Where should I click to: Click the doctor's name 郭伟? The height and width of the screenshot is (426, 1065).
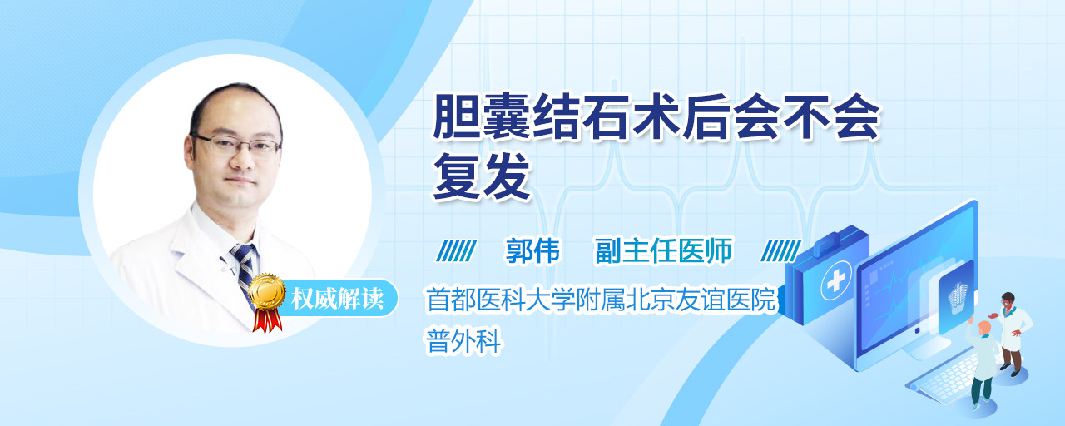tap(532, 250)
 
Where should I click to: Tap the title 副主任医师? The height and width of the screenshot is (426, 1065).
tap(664, 250)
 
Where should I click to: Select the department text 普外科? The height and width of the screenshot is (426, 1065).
tap(463, 341)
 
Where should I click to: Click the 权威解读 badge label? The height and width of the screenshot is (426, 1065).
tap(337, 299)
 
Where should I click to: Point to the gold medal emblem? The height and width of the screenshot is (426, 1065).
tap(267, 291)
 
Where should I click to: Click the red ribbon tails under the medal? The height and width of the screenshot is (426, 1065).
tap(267, 320)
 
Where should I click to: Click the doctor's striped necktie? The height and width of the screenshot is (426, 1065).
tap(245, 271)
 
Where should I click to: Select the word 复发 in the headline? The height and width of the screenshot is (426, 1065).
tap(482, 176)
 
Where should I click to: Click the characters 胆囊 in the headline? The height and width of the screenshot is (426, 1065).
tap(482, 116)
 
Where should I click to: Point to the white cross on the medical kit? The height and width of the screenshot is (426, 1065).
tap(835, 281)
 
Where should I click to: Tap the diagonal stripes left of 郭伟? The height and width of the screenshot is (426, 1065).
tap(457, 251)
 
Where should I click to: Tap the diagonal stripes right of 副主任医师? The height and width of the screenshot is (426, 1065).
tap(780, 251)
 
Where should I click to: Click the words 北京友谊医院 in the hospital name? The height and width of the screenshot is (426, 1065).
tap(701, 299)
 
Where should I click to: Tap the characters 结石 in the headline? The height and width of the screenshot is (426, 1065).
tap(582, 116)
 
